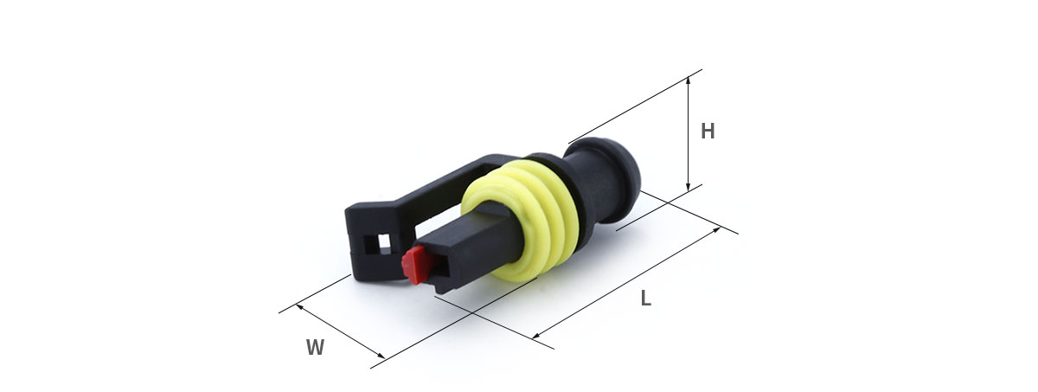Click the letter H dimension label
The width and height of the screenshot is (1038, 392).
pos(708,132)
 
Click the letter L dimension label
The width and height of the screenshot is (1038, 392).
pos(646,299)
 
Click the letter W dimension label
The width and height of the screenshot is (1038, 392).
pos(315,347)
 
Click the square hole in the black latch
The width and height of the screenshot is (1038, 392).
pos(384,241)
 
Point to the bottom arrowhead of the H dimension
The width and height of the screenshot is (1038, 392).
pos(689,187)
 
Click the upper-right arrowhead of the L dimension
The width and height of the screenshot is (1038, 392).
pos(716,229)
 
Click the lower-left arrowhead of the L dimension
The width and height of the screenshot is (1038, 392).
pos(536,336)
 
